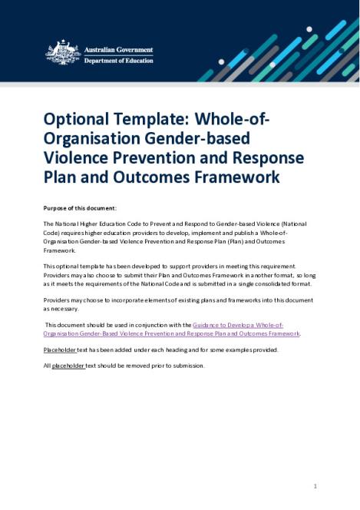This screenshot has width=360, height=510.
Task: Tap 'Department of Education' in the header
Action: tap(117, 61)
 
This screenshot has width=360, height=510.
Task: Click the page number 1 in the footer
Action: tap(315, 486)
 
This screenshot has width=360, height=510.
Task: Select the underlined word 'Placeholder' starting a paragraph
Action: tap(60, 349)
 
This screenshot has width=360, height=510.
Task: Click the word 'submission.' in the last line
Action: tap(187, 366)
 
